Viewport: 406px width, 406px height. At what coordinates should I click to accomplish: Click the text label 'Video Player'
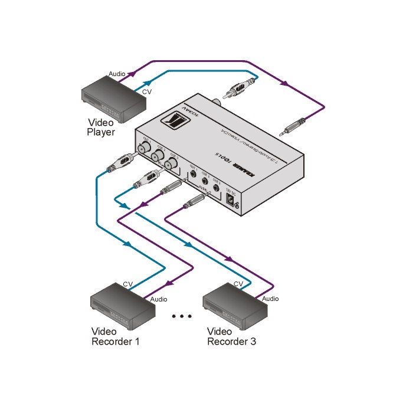pos(101,127)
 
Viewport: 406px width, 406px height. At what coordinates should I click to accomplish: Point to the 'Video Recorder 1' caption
pos(115,336)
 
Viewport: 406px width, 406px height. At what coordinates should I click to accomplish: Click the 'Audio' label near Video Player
pos(117,74)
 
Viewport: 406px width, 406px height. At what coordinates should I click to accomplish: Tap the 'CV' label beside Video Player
pos(146,93)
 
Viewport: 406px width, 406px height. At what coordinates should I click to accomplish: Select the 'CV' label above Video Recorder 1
pos(127,284)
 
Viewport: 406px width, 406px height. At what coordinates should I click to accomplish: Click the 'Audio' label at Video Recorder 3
pos(270,299)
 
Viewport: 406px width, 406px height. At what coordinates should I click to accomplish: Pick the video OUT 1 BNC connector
pos(143,148)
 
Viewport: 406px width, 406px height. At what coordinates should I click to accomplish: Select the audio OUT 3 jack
pos(217,190)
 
